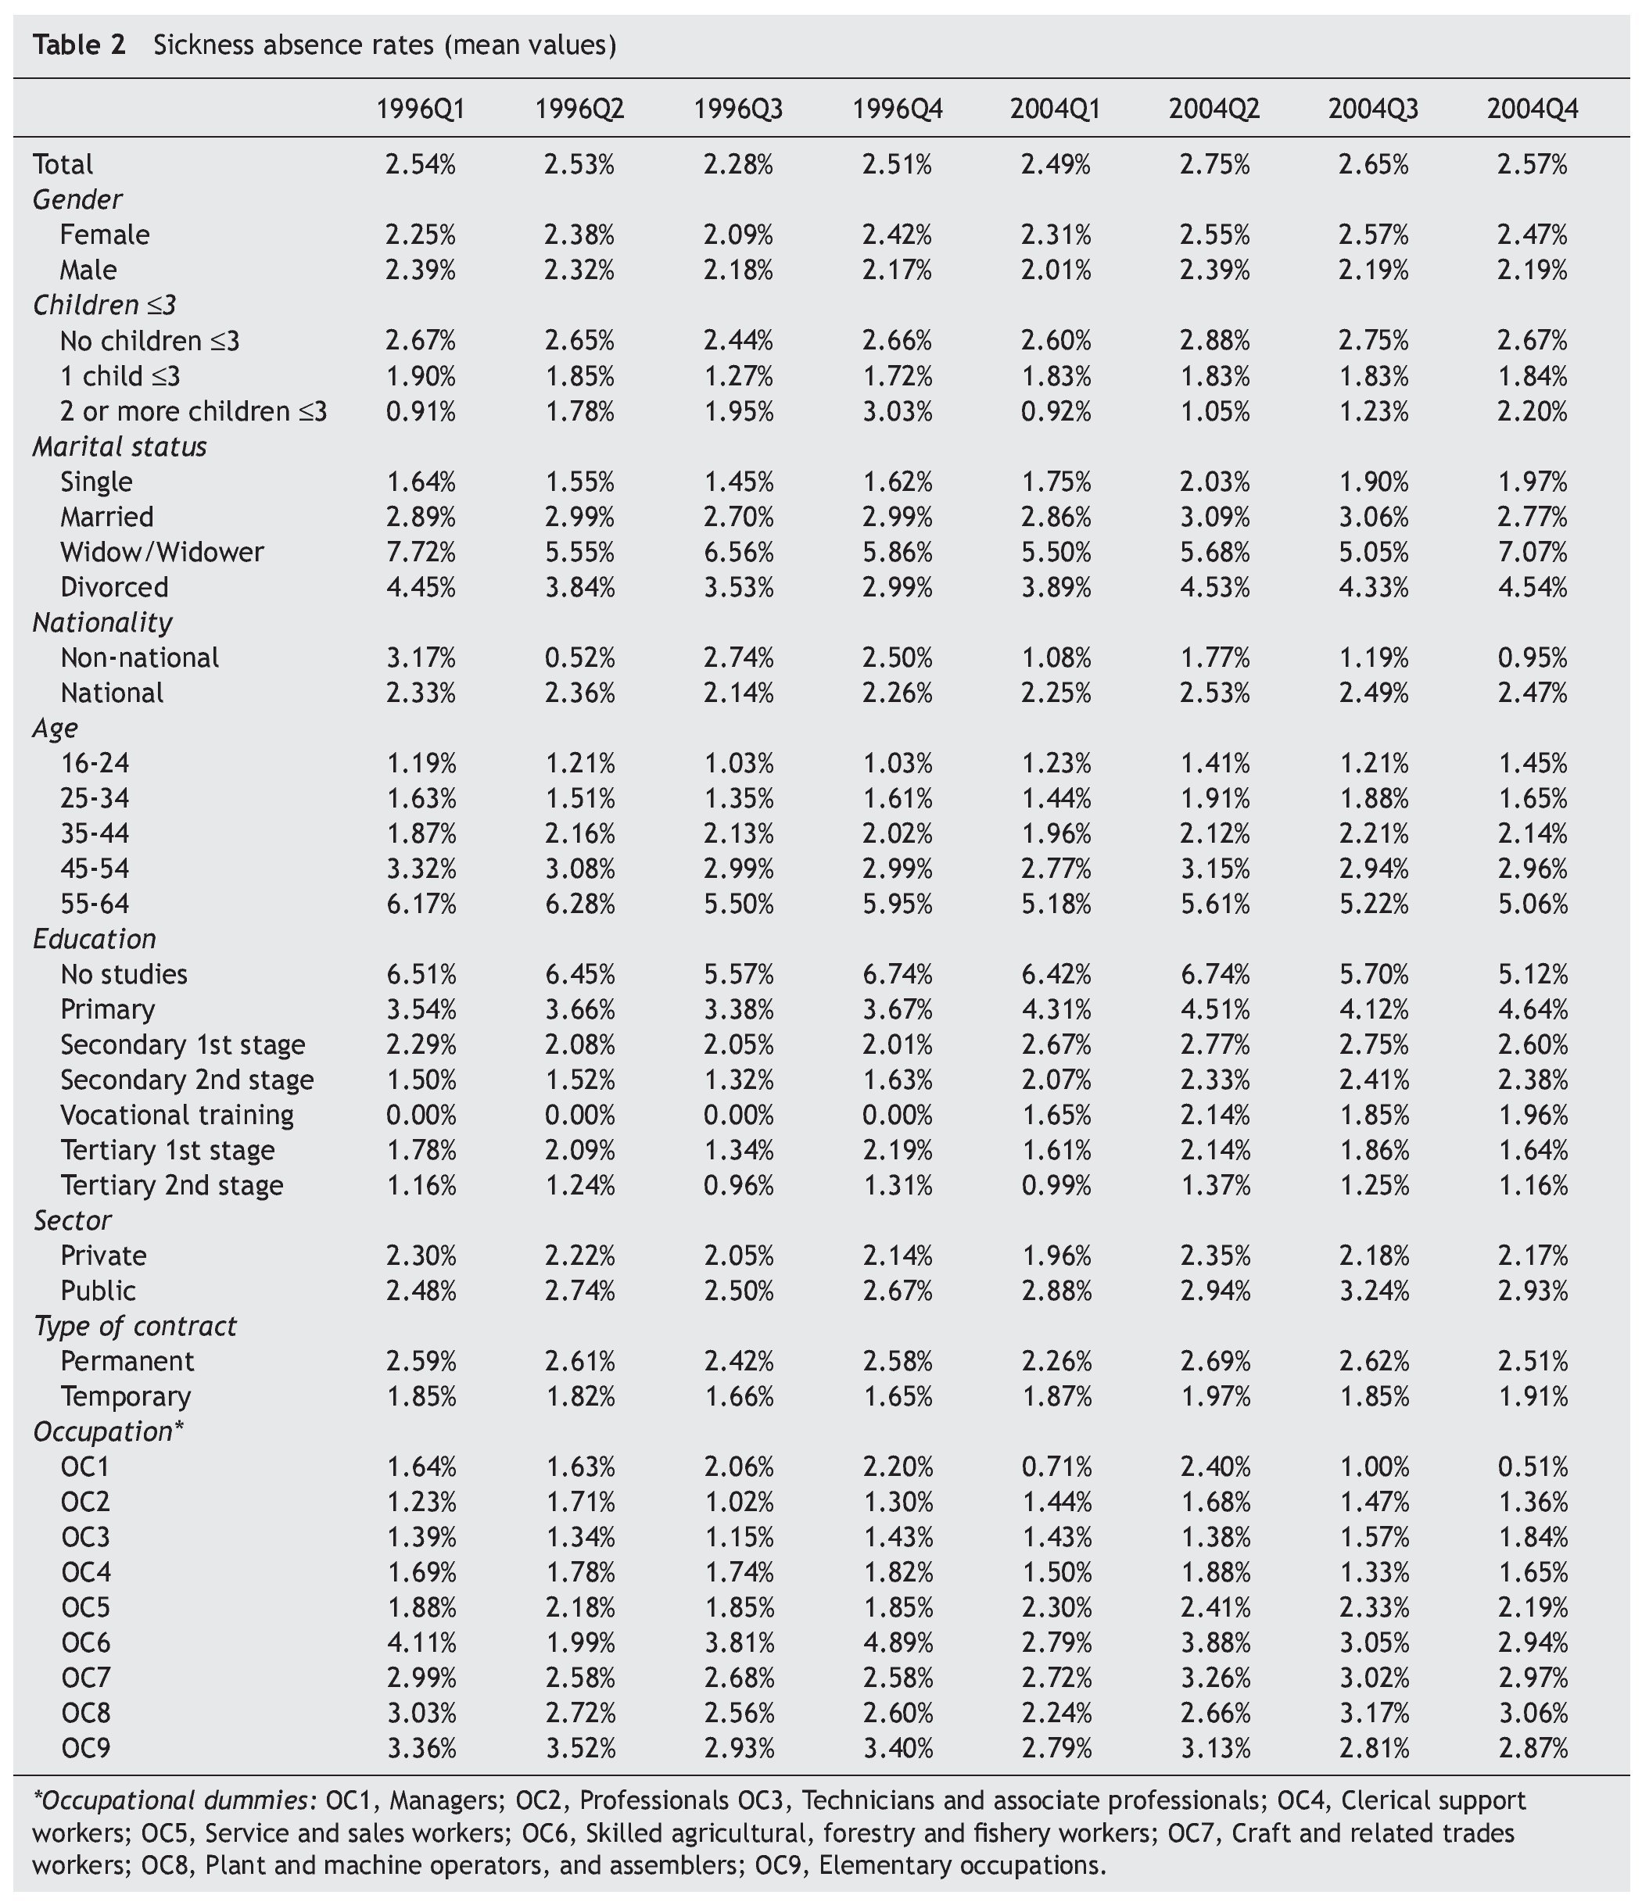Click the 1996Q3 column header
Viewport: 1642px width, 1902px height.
(738, 109)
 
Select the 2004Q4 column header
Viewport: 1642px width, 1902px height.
(1532, 109)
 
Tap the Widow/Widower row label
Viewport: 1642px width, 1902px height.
(162, 552)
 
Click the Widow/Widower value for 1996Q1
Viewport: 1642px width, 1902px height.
(421, 552)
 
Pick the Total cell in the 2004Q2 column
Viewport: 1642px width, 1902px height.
(1214, 164)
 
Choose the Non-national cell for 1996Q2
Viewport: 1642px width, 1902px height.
(579, 657)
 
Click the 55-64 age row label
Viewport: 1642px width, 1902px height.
(95, 903)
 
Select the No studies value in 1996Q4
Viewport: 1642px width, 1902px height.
(897, 974)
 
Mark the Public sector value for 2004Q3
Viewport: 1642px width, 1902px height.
(1373, 1291)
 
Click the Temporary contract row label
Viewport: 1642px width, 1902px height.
(126, 1396)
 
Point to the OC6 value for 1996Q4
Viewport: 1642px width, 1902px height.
(897, 1642)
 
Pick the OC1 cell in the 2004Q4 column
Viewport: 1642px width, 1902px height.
(1532, 1467)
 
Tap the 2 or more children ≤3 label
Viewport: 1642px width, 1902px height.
(193, 411)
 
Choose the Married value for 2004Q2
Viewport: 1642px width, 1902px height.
(1214, 517)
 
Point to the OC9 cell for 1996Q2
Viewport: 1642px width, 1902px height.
(579, 1748)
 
